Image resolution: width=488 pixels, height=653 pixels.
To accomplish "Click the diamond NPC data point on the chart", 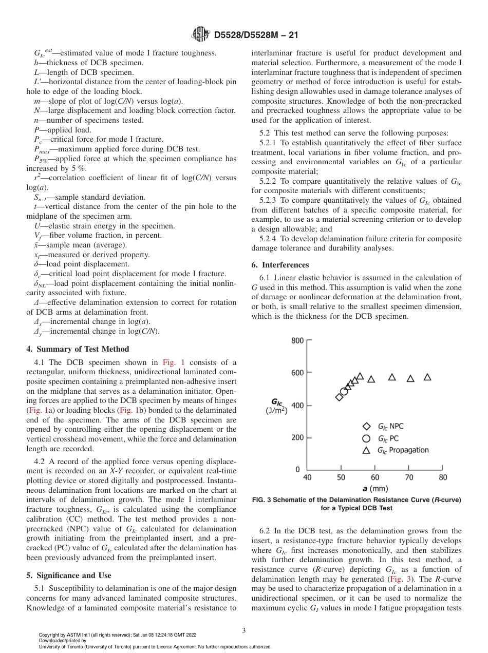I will [x=339, y=397].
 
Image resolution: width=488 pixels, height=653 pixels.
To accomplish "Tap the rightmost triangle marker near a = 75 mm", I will [x=427, y=377].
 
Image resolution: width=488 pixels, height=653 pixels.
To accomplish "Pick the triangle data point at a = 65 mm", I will [x=392, y=377].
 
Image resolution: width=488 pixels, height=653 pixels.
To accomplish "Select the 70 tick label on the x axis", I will [x=409, y=477].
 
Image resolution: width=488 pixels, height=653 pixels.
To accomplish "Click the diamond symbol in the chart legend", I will [x=366, y=426].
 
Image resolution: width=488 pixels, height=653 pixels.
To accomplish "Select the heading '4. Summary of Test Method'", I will [x=78, y=349].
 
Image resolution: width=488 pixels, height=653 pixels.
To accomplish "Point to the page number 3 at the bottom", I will [x=243, y=630].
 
